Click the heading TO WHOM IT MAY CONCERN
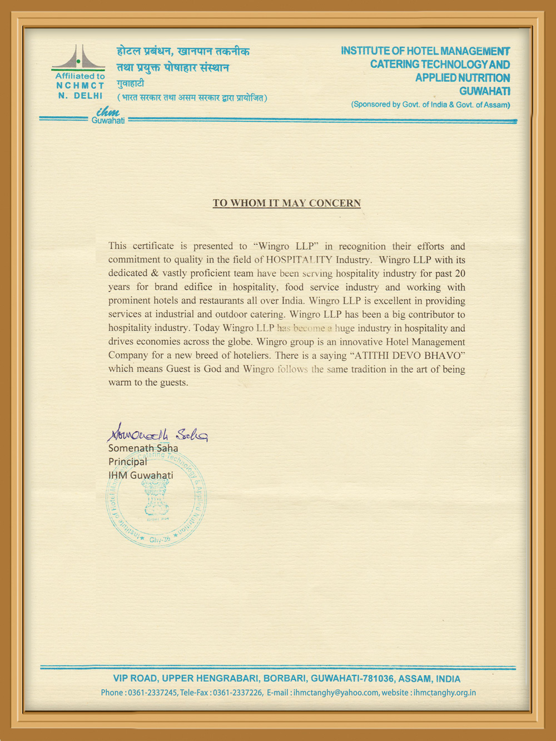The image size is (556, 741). click(286, 203)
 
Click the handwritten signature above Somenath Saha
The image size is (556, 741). click(157, 432)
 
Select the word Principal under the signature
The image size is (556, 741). click(128, 461)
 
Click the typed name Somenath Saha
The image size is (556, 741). click(143, 448)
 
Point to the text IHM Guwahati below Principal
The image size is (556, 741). click(141, 475)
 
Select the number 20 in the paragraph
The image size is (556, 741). click(459, 273)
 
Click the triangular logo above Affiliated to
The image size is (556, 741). click(79, 58)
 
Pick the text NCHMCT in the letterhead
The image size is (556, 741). click(80, 86)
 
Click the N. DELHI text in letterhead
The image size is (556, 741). click(80, 96)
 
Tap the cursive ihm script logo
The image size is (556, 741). click(107, 112)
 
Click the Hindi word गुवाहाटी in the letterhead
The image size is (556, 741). click(130, 83)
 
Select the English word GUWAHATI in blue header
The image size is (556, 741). click(484, 91)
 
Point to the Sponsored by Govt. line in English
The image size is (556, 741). click(430, 105)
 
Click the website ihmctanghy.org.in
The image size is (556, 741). click(444, 693)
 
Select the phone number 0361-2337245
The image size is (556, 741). click(152, 693)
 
